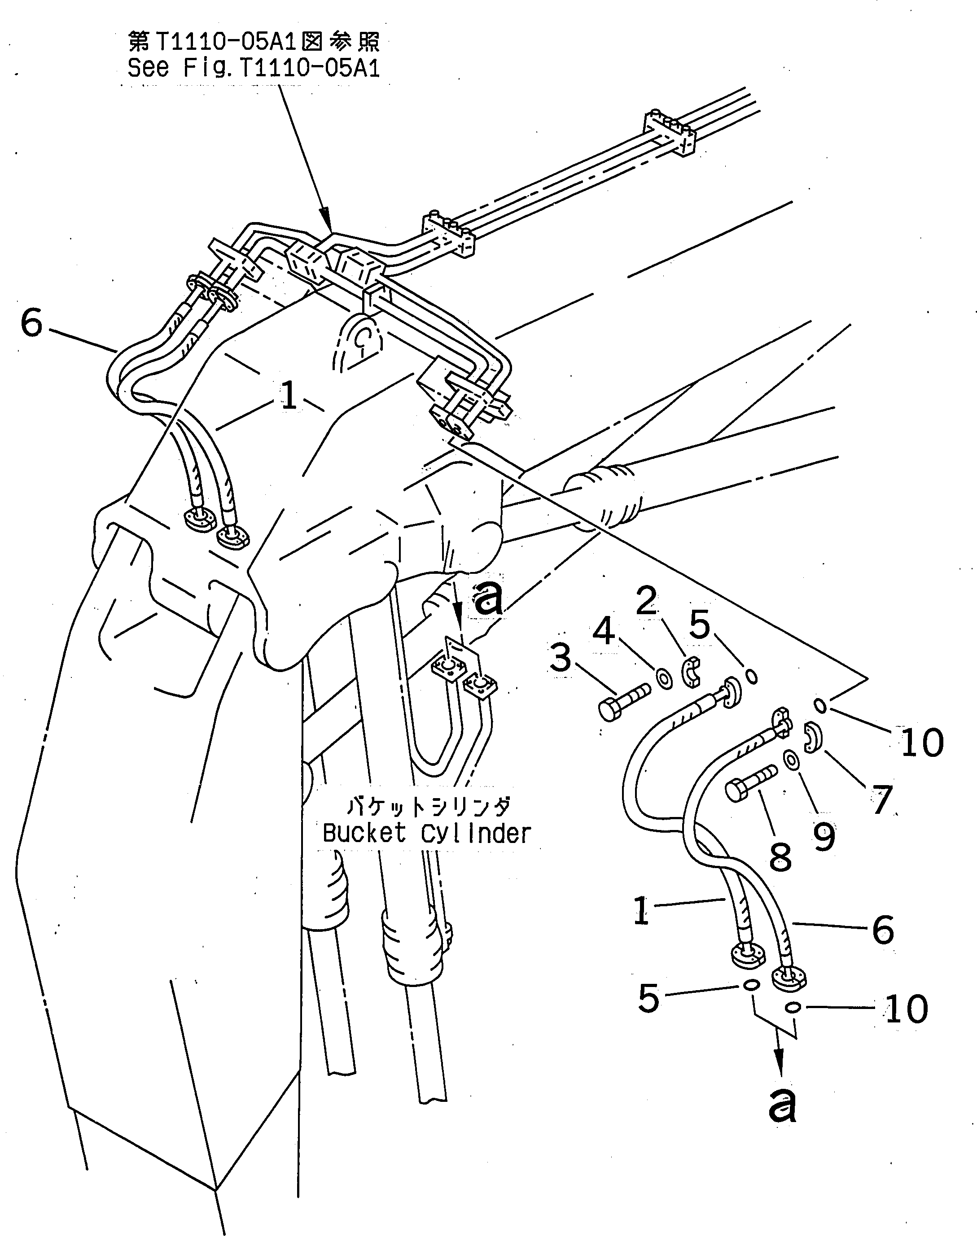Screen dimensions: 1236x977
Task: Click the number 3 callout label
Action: (x=561, y=657)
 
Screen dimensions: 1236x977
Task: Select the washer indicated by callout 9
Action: (x=792, y=760)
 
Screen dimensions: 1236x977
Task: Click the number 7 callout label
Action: (x=881, y=799)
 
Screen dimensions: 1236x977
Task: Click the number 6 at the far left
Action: (x=31, y=323)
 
